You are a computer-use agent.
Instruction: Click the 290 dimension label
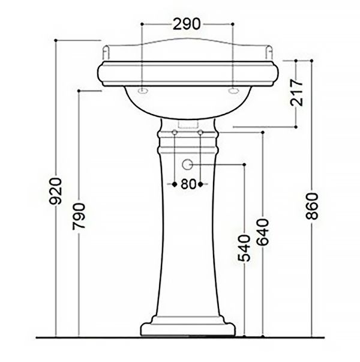coord(187,24)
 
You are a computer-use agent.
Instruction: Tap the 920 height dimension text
coord(56,191)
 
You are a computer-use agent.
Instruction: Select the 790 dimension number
coord(79,216)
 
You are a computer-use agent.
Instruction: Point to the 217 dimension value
coord(297,92)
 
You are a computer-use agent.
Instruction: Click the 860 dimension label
coord(312,206)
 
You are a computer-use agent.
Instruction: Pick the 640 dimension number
coord(263,232)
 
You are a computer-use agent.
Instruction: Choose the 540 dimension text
coord(244,249)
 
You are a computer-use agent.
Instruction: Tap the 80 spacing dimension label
coord(188,184)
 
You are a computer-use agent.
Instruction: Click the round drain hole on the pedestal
coord(187,164)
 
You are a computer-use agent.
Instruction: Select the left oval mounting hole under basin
coord(143,91)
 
